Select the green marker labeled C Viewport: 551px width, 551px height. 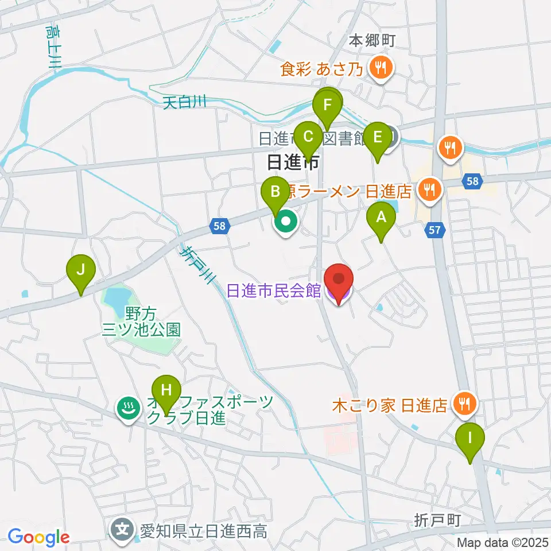tap(308, 138)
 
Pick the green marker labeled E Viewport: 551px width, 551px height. tap(378, 138)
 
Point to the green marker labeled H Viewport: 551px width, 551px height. tap(166, 391)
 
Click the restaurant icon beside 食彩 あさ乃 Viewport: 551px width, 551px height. tap(380, 69)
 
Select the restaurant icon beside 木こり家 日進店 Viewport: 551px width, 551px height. tap(463, 405)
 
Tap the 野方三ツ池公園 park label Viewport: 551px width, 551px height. tap(141, 321)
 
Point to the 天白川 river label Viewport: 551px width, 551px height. tap(184, 103)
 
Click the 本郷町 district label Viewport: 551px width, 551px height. tap(373, 41)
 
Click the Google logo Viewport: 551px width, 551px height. tap(38, 537)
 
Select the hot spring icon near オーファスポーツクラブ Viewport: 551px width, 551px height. tap(127, 409)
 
